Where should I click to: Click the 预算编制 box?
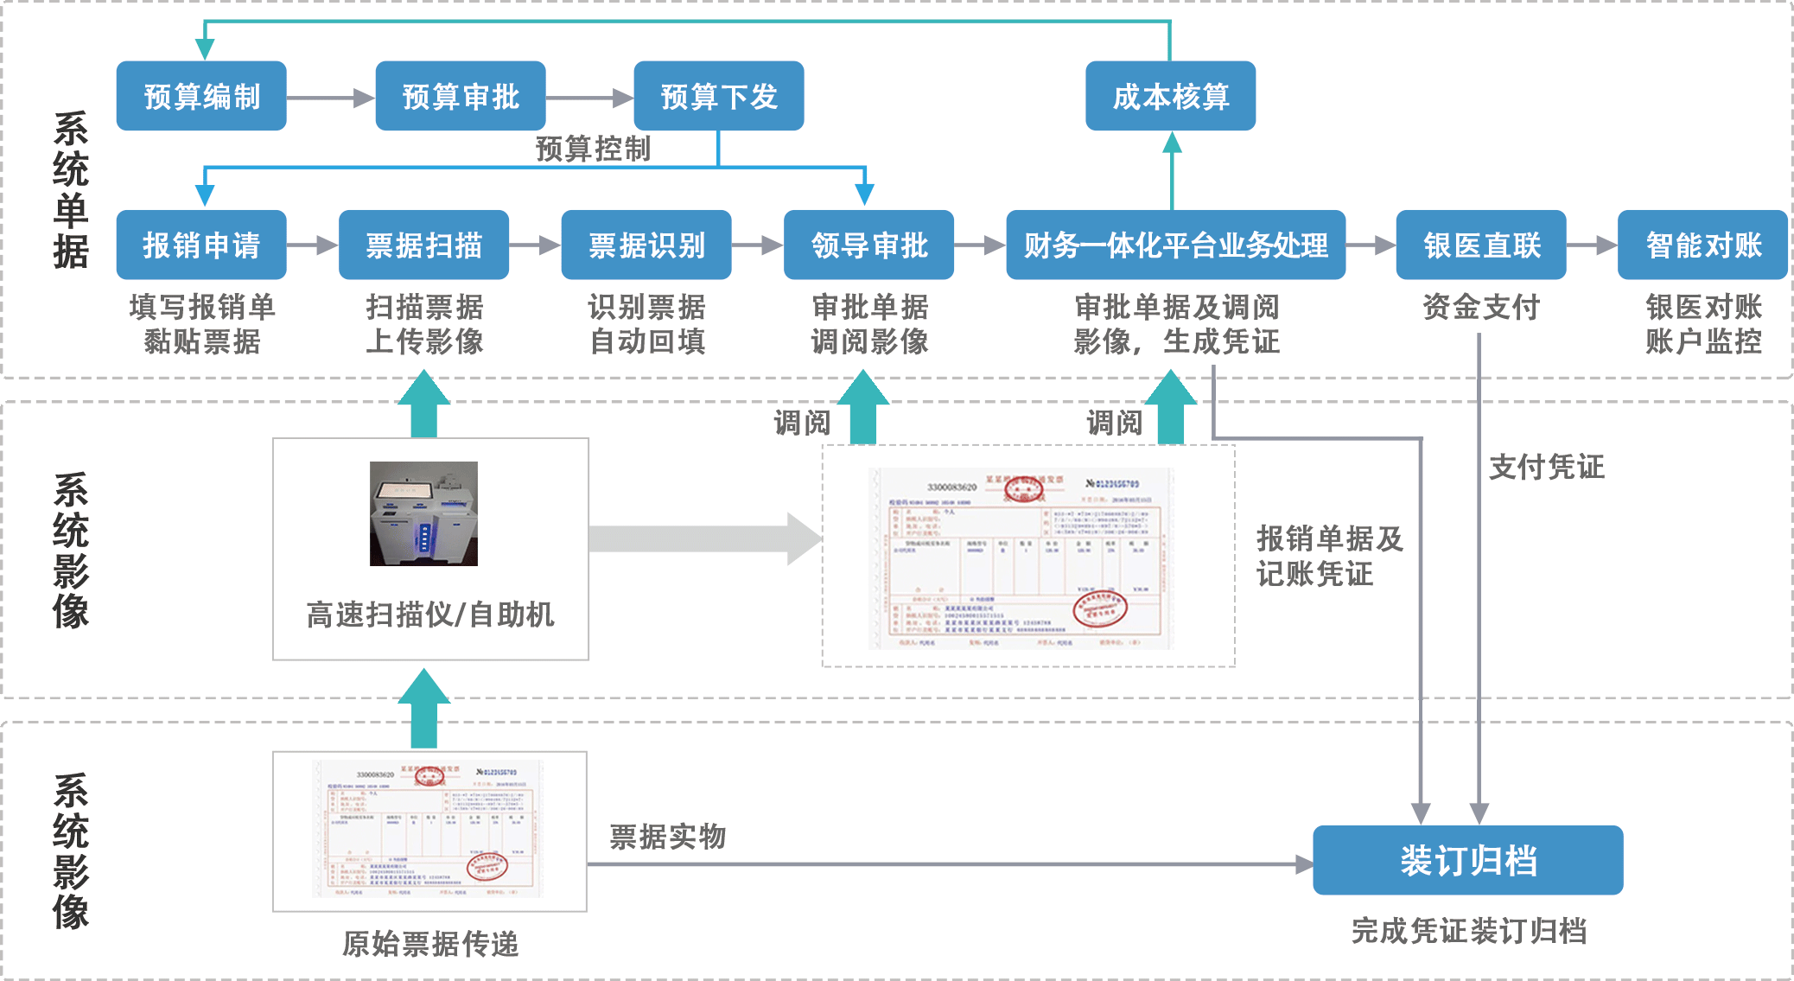(x=201, y=96)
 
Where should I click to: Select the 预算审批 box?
(x=461, y=96)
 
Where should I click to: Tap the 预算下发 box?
(x=719, y=96)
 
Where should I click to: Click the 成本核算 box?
(x=1170, y=96)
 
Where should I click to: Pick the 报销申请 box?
(x=201, y=245)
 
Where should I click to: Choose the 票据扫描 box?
(x=423, y=245)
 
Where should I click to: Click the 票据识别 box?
(x=646, y=245)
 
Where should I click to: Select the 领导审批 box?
(x=868, y=245)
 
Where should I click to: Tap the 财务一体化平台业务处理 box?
(x=1175, y=245)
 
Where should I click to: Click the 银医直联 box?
(x=1481, y=245)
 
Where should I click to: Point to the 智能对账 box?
(x=1702, y=245)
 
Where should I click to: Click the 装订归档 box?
(x=1467, y=860)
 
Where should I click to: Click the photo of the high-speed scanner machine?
(x=423, y=513)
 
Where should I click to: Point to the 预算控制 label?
(x=593, y=149)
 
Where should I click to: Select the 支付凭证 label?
(x=1546, y=467)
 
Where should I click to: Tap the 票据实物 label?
(x=667, y=837)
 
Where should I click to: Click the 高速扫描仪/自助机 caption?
(x=430, y=615)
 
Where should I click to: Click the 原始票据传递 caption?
(x=430, y=944)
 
